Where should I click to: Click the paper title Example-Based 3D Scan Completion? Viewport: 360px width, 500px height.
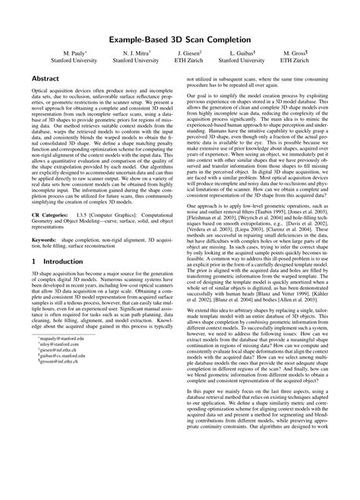click(x=180, y=37)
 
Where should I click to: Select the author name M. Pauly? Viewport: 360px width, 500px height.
click(x=74, y=54)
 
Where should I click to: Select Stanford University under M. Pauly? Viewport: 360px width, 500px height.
click(x=74, y=62)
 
